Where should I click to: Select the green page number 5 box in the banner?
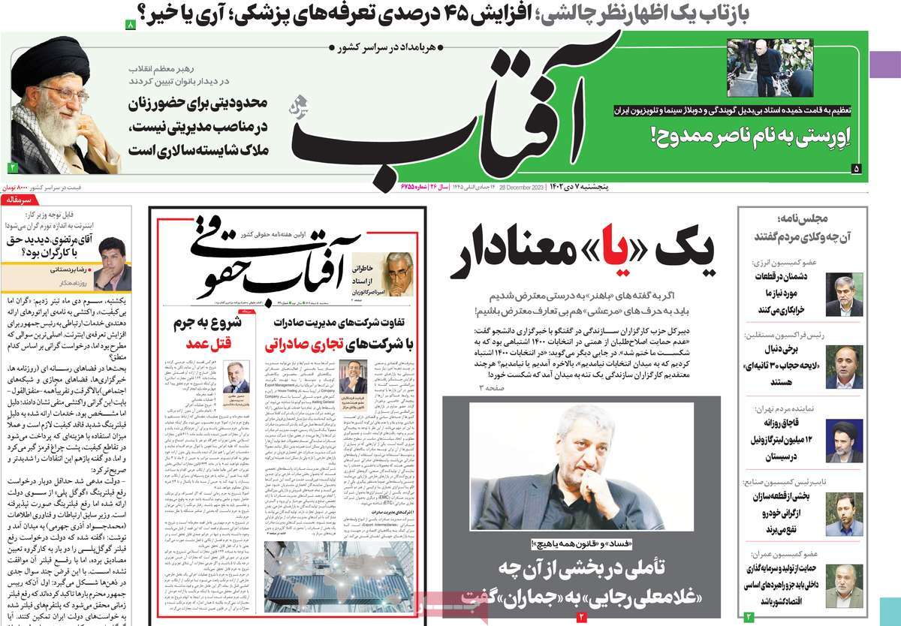tap(856, 170)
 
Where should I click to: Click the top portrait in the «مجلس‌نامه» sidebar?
tap(844, 294)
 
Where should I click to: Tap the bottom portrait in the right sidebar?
tap(844, 585)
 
